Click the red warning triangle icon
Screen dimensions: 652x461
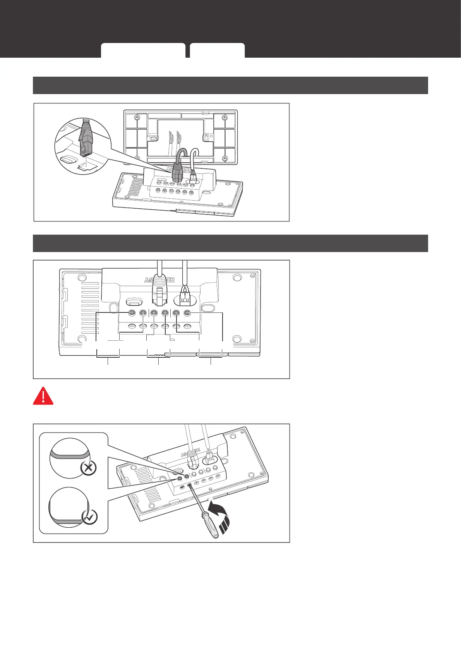pyautogui.click(x=43, y=395)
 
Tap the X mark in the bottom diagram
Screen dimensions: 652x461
pyautogui.click(x=88, y=468)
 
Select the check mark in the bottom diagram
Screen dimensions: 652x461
pyautogui.click(x=90, y=516)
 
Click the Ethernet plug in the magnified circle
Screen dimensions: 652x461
pyautogui.click(x=86, y=139)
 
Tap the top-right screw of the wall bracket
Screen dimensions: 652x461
pyautogui.click(x=224, y=118)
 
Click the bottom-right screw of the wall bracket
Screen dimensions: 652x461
pyautogui.click(x=225, y=158)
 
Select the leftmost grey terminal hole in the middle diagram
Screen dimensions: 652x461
pyautogui.click(x=132, y=313)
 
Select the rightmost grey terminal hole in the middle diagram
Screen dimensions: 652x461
pyautogui.click(x=187, y=313)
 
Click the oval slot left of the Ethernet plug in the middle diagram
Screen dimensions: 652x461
pyautogui.click(x=133, y=301)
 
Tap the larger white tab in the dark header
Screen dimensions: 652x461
pyautogui.click(x=143, y=50)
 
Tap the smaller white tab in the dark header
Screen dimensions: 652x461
pyautogui.click(x=217, y=50)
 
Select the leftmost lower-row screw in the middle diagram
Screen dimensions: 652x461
pyautogui.click(x=132, y=326)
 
